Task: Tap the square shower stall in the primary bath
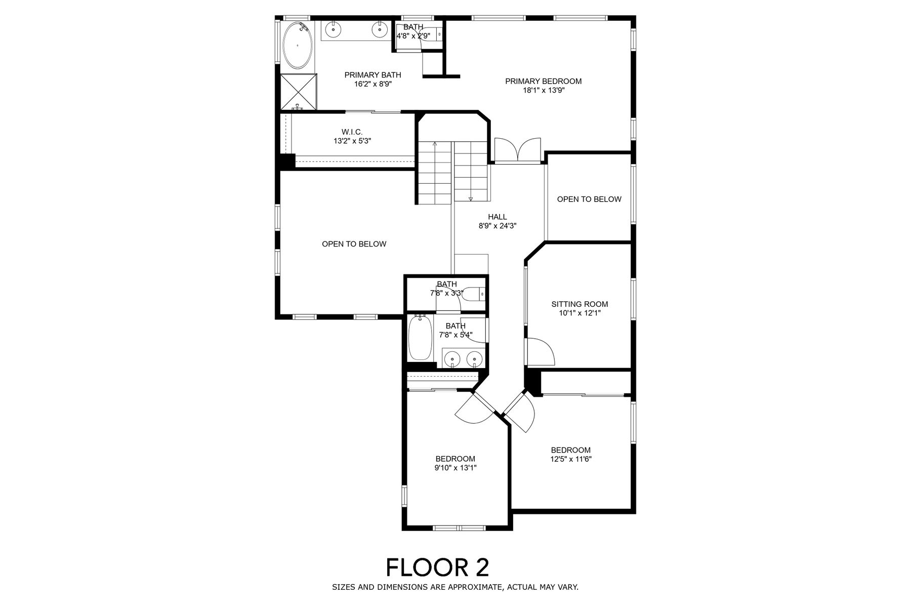tap(298, 92)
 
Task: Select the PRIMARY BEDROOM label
tap(543, 81)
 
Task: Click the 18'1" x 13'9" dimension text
tap(543, 91)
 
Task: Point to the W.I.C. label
tap(352, 132)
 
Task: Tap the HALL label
tap(498, 217)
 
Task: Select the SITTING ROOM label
tap(579, 304)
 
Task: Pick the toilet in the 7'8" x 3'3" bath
tap(475, 294)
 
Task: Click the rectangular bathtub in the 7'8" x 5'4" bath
tap(420, 337)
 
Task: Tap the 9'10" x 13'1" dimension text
tap(455, 468)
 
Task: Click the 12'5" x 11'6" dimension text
tap(570, 459)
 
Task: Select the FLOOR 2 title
tap(438, 568)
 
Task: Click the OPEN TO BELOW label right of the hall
tap(589, 199)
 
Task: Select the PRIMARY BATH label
tap(372, 75)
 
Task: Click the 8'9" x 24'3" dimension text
tap(498, 226)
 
